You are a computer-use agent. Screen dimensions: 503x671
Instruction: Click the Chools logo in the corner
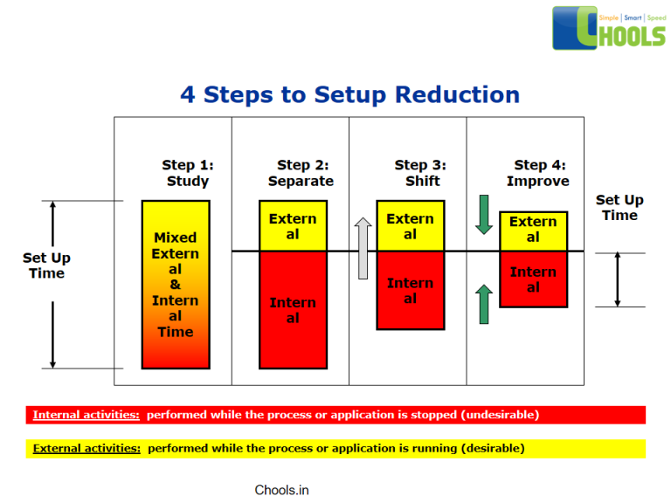(609, 28)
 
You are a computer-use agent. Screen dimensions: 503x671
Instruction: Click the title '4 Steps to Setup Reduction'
(349, 94)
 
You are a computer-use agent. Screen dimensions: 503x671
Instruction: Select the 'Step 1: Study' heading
(188, 173)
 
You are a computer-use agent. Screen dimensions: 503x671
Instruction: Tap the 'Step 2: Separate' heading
(301, 173)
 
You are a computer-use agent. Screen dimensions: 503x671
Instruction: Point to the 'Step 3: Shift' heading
(420, 173)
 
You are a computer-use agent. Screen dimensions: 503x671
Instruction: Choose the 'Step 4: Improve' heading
(538, 173)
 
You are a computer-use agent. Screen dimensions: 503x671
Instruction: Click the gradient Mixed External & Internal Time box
(176, 285)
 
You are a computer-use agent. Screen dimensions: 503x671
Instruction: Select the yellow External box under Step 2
(293, 226)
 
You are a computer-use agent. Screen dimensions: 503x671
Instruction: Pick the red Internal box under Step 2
(293, 310)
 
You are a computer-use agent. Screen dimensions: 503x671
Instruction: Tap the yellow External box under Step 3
(410, 226)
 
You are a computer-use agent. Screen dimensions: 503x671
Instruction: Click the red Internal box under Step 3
(410, 291)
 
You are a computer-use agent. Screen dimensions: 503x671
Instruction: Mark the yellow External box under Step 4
(533, 231)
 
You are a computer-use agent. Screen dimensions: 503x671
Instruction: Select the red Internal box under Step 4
(533, 279)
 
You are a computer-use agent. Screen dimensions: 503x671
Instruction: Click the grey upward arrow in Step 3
(363, 248)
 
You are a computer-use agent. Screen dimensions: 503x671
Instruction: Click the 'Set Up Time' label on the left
(46, 265)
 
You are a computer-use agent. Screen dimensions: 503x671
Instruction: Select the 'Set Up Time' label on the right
(619, 208)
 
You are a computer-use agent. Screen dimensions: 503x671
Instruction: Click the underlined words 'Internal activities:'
(86, 415)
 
